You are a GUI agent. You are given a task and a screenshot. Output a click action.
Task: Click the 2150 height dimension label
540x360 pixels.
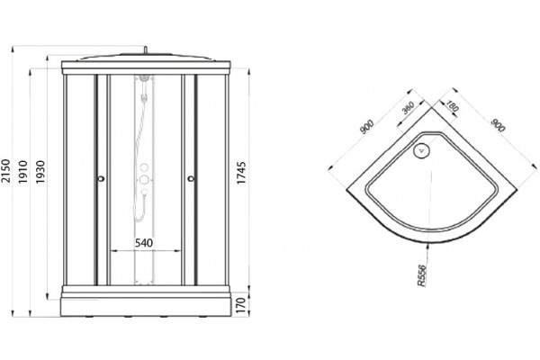[x=5, y=171]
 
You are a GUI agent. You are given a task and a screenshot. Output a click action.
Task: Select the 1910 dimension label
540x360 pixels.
[x=22, y=172]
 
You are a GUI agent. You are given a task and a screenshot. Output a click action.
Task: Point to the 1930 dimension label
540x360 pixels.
[x=40, y=172]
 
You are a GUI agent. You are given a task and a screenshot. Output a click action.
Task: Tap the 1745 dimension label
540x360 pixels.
[x=241, y=173]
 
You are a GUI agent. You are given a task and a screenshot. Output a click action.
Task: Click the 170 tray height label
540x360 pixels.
[x=241, y=305]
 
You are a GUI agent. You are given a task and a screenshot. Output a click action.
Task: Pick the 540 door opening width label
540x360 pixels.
[x=144, y=243]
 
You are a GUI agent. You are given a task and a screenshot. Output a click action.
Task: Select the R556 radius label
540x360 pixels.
[x=422, y=275]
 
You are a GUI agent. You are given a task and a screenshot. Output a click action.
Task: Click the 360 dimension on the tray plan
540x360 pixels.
[x=408, y=108]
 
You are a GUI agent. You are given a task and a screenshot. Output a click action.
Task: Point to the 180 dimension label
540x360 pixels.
[x=452, y=106]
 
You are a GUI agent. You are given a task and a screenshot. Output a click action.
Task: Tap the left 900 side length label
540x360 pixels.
[x=366, y=126]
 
